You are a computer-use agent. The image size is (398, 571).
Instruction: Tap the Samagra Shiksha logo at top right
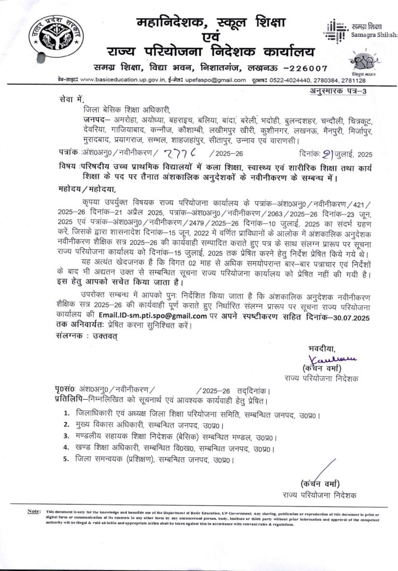(362, 31)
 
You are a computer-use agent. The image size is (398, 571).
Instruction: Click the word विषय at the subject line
(69, 167)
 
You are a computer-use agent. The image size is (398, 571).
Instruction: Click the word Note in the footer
(33, 511)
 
